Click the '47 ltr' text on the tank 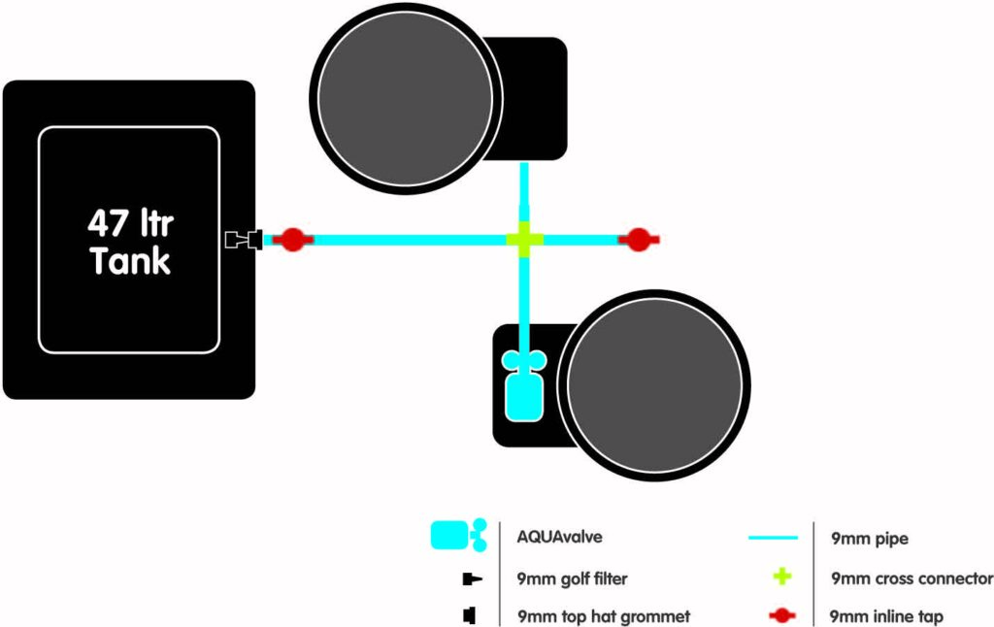[x=131, y=223]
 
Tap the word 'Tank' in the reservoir [x=130, y=260]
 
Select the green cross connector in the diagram [x=524, y=240]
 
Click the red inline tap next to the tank [x=292, y=240]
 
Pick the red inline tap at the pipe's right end [x=639, y=240]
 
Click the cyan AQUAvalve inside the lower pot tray [x=524, y=386]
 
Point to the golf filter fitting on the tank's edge [x=244, y=240]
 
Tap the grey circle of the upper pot [x=406, y=98]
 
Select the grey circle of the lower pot [x=655, y=385]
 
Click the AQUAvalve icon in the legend [x=459, y=535]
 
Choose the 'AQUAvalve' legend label [x=559, y=537]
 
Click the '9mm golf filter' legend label [x=572, y=578]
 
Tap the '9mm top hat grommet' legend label [x=604, y=616]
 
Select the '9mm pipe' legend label [x=869, y=539]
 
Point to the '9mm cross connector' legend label [x=911, y=578]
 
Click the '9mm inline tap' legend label [x=886, y=616]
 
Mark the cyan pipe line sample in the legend [x=773, y=538]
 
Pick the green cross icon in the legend [x=782, y=577]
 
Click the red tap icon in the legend [x=781, y=615]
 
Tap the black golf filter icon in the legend [x=473, y=578]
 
